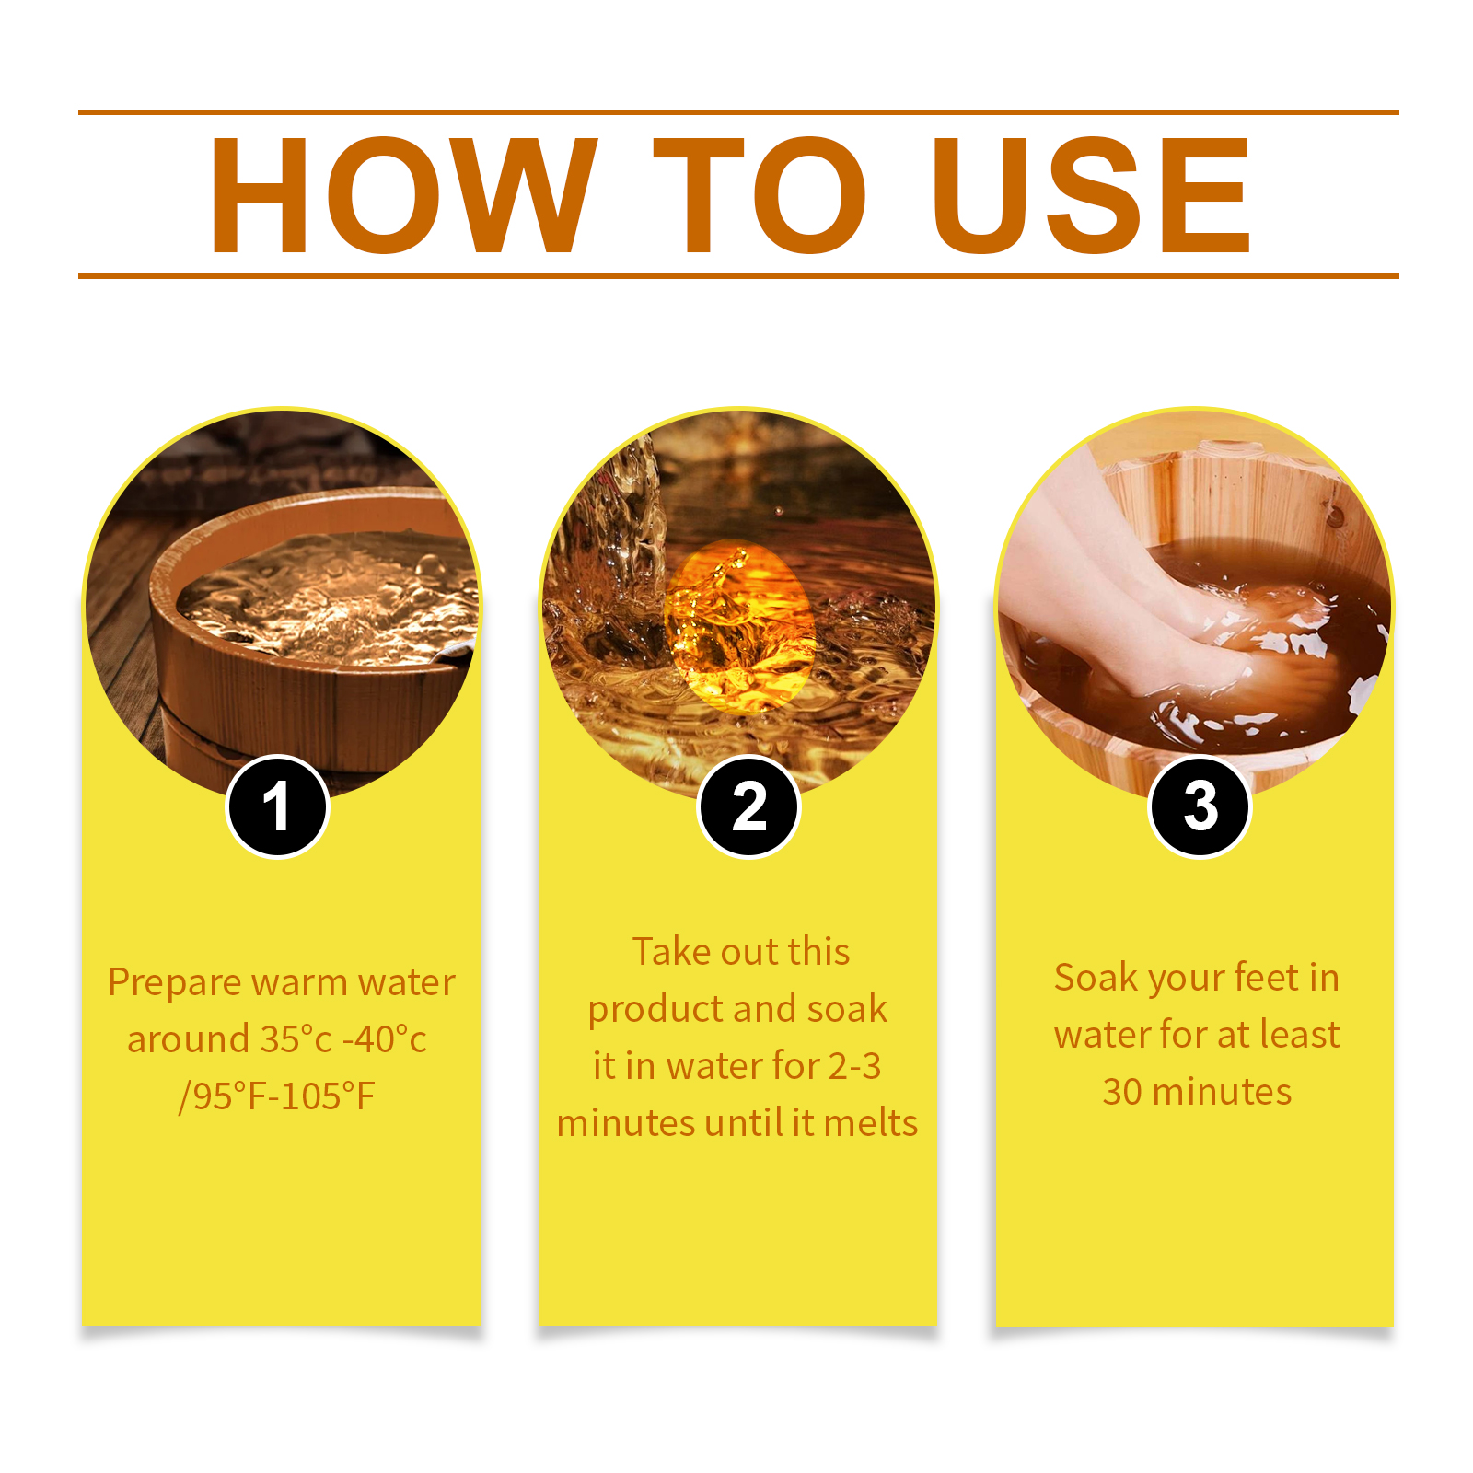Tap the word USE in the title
pos(1091,194)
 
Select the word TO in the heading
pos(760,194)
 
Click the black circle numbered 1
pos(277,806)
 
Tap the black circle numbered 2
pos(748,806)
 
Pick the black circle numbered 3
pos(1200,806)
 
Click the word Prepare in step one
pos(175,983)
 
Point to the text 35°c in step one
pos(296,1039)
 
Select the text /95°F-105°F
pos(277,1096)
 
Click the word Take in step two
pos(667,952)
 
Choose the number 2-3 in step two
pos(854,1066)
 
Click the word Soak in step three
pos(1092,978)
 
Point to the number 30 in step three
pos(1122,1092)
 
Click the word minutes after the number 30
pos(1222,1092)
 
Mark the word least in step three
pos(1300,1035)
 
